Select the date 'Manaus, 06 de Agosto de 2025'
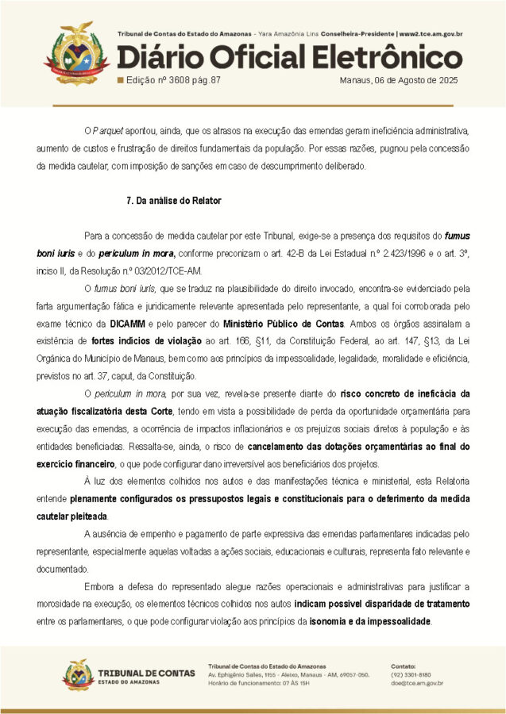point(398,80)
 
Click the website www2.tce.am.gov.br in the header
point(431,34)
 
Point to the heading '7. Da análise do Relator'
point(174,201)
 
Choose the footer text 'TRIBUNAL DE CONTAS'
point(147,673)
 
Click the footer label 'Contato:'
point(404,665)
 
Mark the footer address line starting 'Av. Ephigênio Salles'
point(288,674)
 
